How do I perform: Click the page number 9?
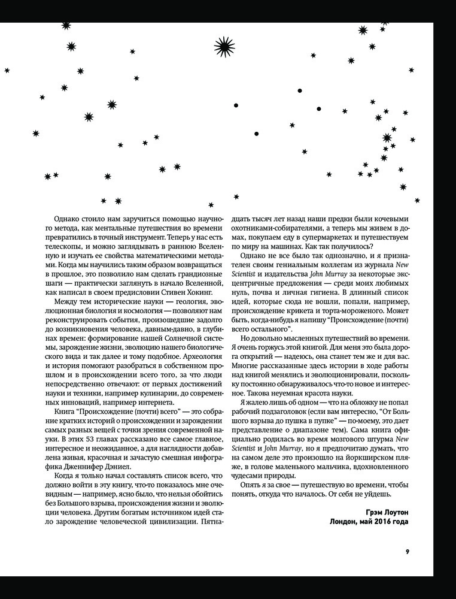(406, 552)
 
